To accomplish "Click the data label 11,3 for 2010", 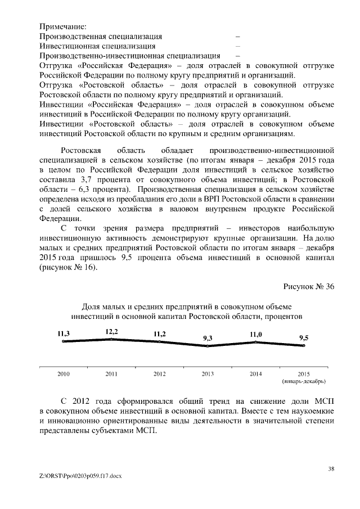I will point(64,334).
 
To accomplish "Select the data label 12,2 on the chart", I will point(111,332).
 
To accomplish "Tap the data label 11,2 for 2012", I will point(160,334).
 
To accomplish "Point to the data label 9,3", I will point(208,338).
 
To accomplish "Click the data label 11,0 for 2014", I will point(256,334).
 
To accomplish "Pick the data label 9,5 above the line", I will point(304,338).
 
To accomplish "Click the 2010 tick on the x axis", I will point(64,373).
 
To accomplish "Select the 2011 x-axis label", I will point(111,373).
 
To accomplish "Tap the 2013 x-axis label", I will point(208,373).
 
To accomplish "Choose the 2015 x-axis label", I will point(304,373).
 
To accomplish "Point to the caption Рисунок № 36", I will point(309,286).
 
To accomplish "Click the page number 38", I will point(331,467).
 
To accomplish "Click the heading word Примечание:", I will point(63,26).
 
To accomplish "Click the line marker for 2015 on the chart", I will point(304,345).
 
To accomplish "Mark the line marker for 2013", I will point(208,346).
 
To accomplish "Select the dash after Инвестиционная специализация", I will point(237,46).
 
